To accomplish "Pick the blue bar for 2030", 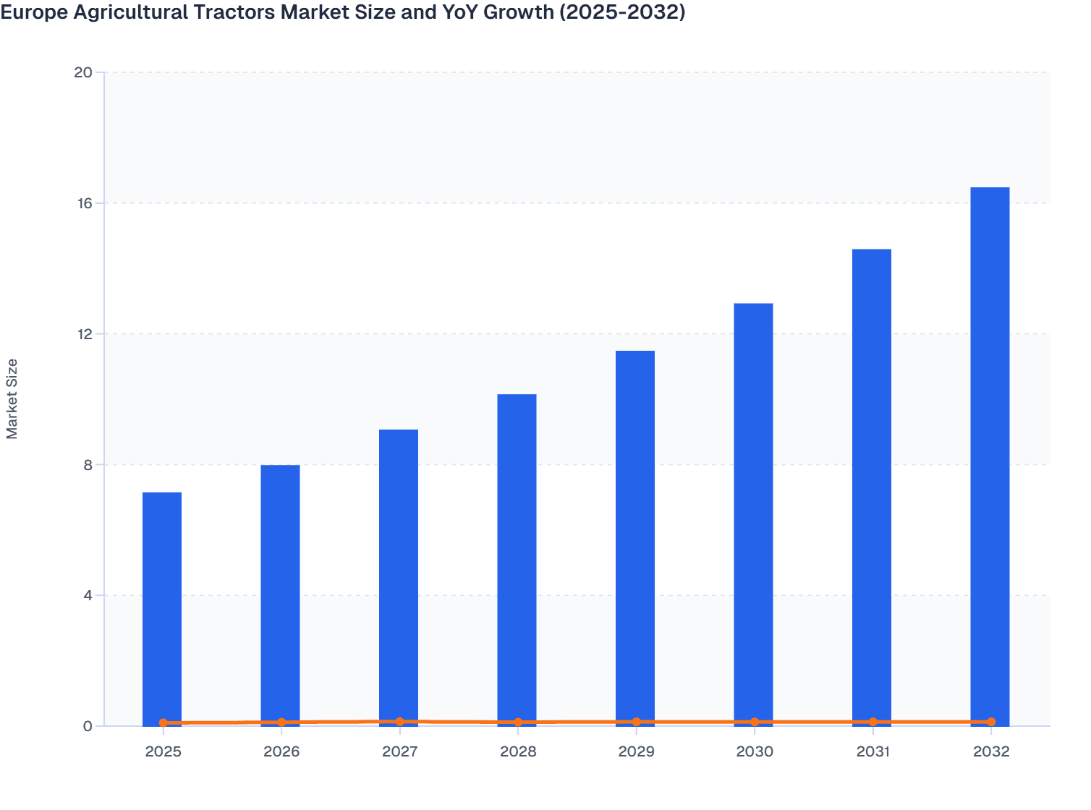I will (753, 513).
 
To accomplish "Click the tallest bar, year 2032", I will (990, 456).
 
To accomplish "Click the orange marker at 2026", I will (281, 722).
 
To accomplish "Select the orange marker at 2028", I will (518, 722).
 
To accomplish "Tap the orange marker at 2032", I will (991, 722).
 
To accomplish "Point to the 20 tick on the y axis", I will (83, 72).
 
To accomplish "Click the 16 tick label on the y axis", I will (84, 203).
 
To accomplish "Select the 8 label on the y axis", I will (88, 465).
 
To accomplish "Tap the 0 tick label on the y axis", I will (88, 727).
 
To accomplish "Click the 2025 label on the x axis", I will (163, 752).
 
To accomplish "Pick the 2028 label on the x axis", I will (518, 752).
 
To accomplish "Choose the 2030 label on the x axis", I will (755, 752).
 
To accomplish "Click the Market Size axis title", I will (12, 399).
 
